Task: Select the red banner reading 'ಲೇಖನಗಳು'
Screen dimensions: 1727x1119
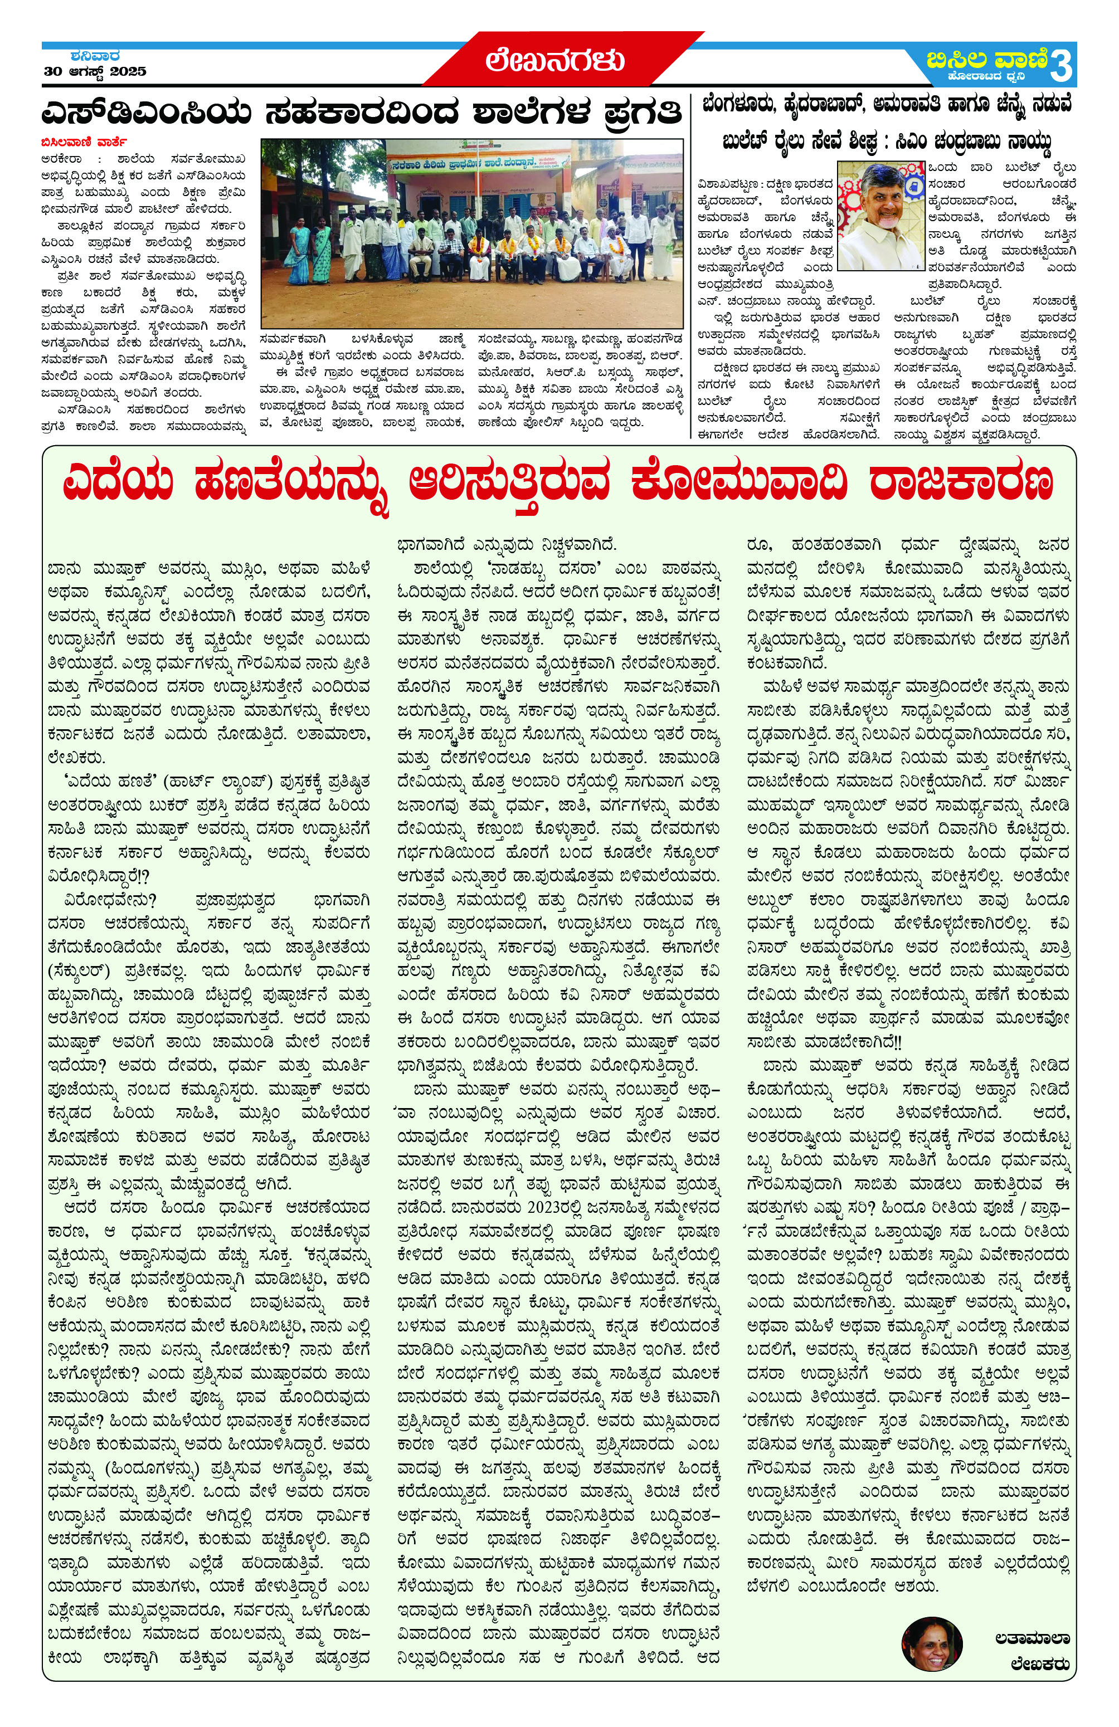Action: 555,61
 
